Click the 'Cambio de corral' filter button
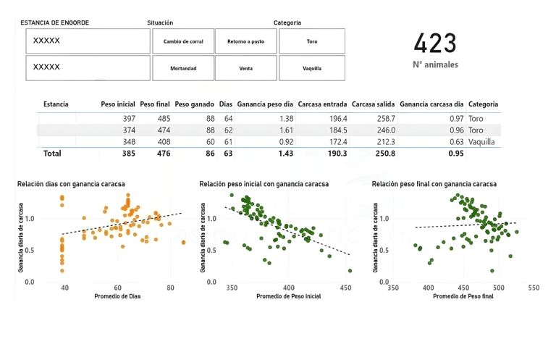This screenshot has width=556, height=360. coord(183,41)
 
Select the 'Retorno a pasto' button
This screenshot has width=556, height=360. coord(246,41)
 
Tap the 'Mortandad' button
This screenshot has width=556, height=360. coord(183,67)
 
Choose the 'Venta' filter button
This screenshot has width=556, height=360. coord(246,67)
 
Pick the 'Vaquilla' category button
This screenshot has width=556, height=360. coord(312,67)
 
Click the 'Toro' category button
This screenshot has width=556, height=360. coord(312,41)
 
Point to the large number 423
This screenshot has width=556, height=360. coord(435,44)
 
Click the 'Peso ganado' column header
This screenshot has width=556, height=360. coord(193,104)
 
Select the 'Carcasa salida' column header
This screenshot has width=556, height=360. coord(372,104)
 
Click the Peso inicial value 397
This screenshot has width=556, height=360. coord(129,118)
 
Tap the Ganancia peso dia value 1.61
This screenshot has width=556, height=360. coord(285,130)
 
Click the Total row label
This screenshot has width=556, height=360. coord(53,154)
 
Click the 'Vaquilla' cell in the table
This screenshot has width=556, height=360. coord(481,142)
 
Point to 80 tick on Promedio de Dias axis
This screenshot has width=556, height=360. coord(170,288)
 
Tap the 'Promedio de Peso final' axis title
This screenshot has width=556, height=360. coord(463,296)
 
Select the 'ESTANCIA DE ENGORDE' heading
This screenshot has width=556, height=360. coord(55,22)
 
